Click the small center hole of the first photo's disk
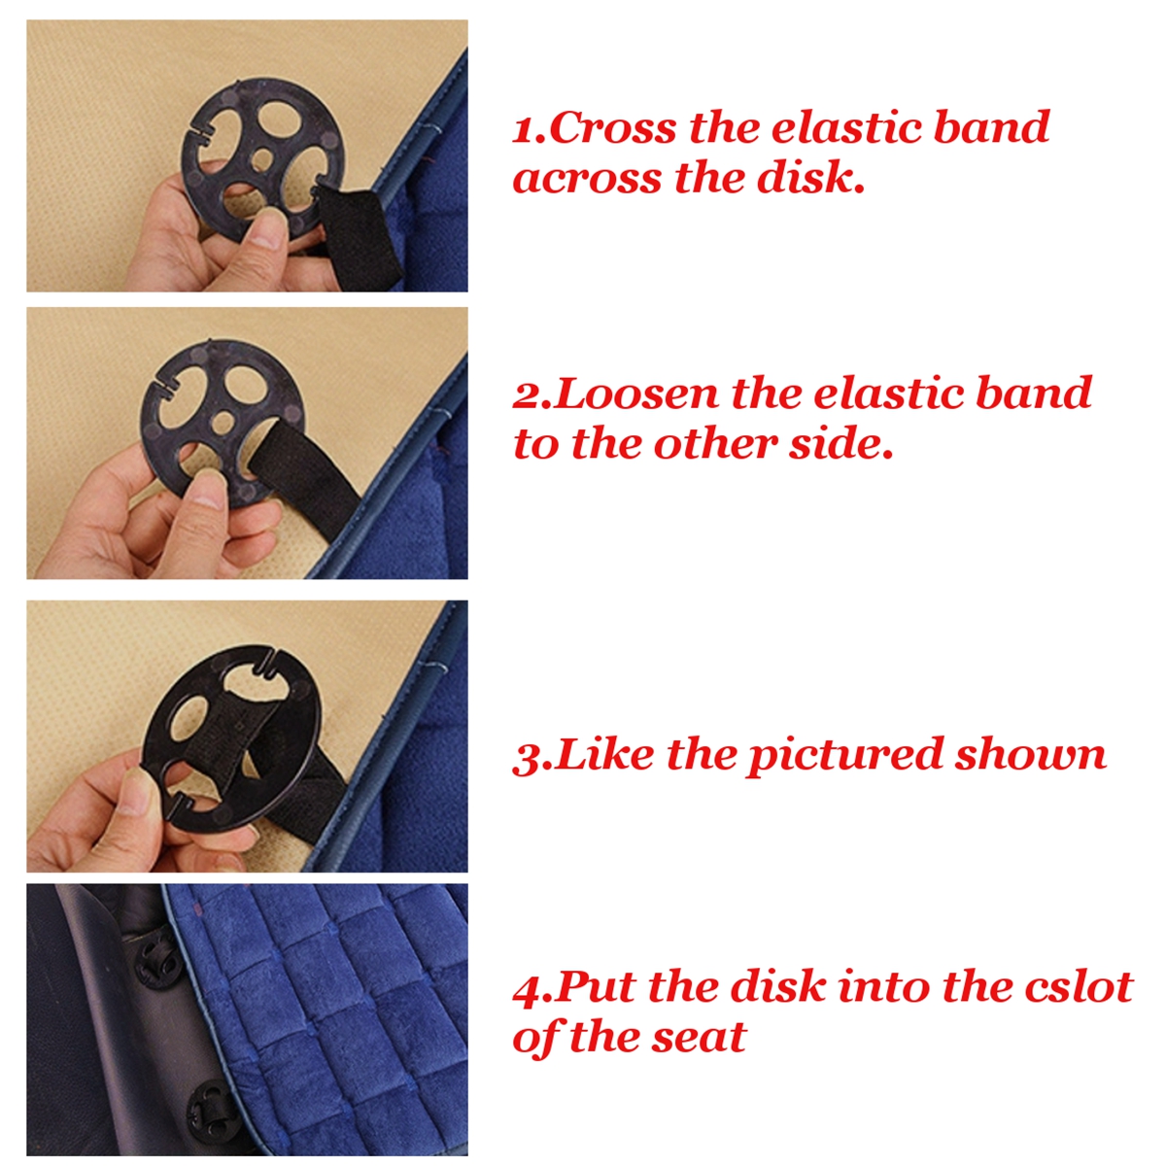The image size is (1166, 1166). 263,156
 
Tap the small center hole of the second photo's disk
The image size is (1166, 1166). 224,422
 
